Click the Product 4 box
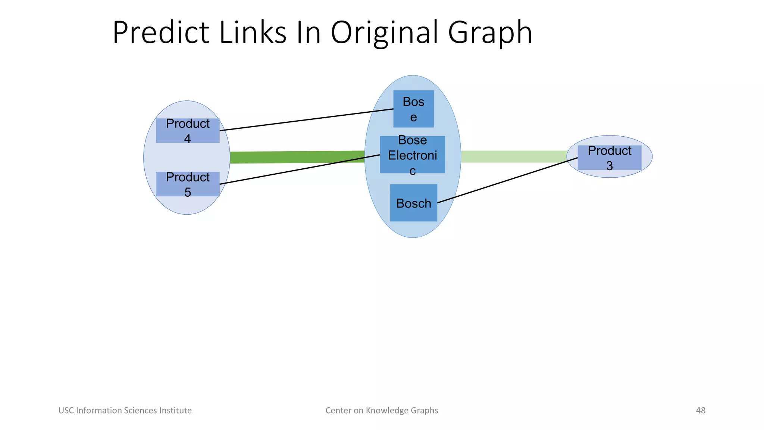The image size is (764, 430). click(x=187, y=130)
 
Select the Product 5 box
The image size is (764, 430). click(x=187, y=184)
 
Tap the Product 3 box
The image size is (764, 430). click(x=609, y=158)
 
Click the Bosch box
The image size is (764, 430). click(x=413, y=203)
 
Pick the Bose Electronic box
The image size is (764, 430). click(x=412, y=155)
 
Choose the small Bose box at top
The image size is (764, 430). click(x=413, y=109)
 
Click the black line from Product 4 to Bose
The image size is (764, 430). click(x=306, y=120)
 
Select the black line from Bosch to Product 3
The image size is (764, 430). click(x=507, y=180)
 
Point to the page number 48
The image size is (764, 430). click(x=701, y=410)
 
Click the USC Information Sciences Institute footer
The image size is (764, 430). click(x=125, y=410)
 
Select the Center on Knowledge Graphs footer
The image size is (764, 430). click(x=382, y=410)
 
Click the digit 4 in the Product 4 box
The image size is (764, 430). click(x=187, y=138)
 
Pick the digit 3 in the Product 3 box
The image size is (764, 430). click(x=609, y=165)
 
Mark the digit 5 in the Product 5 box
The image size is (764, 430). click(x=188, y=192)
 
